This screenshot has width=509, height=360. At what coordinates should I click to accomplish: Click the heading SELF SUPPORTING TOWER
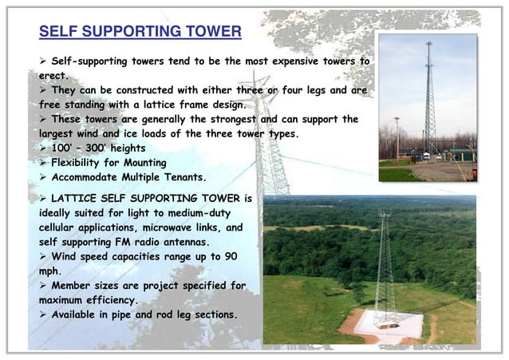[140, 32]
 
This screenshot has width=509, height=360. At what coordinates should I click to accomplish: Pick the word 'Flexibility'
[85, 164]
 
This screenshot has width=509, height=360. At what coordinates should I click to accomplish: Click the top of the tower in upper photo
[428, 44]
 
